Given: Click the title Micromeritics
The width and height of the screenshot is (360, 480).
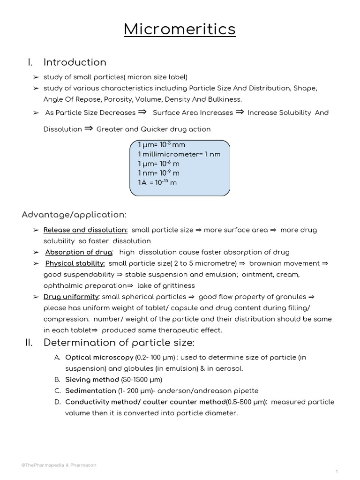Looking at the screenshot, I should (180, 29).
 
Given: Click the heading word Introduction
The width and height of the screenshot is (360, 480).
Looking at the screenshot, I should (75, 62).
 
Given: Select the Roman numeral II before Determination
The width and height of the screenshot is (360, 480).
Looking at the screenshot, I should (29, 343).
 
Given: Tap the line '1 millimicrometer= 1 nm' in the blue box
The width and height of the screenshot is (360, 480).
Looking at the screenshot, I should (179, 154).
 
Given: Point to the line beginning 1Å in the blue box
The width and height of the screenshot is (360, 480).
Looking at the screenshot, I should (157, 182).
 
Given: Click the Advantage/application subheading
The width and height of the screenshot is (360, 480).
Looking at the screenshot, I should (74, 215).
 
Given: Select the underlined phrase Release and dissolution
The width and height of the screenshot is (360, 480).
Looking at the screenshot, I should (85, 230).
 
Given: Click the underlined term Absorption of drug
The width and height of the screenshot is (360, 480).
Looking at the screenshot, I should (79, 252).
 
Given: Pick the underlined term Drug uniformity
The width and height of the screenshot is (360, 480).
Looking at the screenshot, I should (71, 297).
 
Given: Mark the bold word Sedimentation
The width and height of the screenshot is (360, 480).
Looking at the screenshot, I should (90, 391).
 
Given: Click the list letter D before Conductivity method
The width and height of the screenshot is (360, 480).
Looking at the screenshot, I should (57, 402).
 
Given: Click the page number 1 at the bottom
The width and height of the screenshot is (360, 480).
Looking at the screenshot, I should (337, 471).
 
